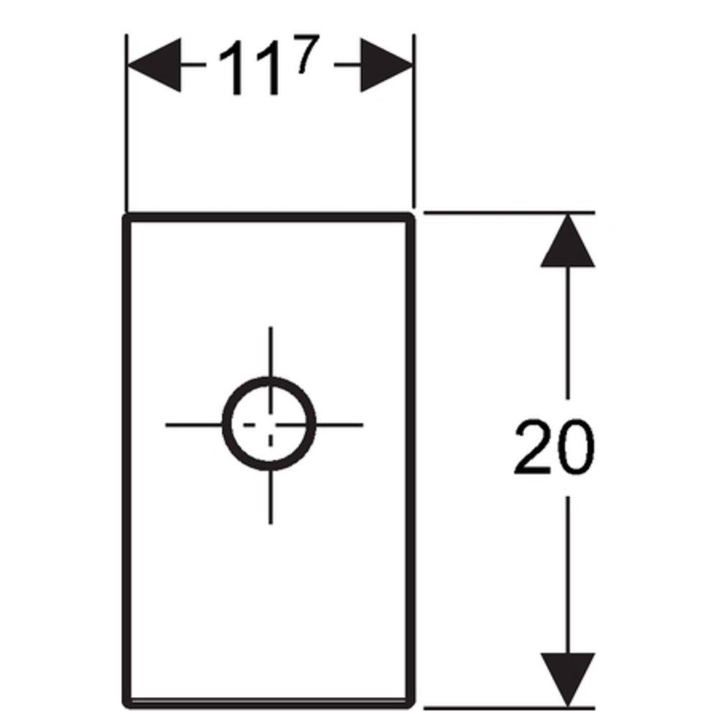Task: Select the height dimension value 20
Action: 554,447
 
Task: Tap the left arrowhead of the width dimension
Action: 154,65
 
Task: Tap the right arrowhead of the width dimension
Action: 387,65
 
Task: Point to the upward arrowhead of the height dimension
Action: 568,240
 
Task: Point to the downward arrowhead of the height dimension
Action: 568,679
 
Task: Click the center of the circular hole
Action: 269,424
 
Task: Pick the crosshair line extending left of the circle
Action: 194,425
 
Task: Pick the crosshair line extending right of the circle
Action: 339,425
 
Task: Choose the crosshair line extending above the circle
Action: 271,352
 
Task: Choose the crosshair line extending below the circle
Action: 271,498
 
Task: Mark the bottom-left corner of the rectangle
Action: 126,704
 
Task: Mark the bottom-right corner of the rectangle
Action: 411,704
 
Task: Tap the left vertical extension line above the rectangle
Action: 126,123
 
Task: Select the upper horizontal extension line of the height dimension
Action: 509,213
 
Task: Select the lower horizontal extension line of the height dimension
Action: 509,708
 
